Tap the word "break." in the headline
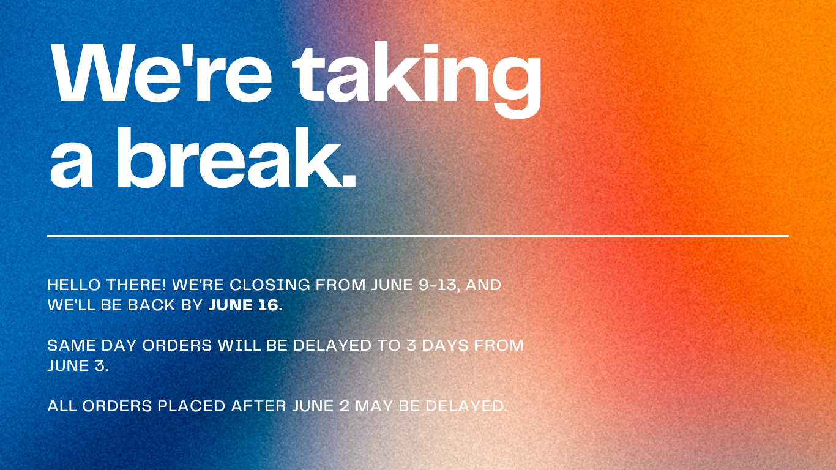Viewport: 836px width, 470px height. [236, 157]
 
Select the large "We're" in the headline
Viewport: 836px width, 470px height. [161, 72]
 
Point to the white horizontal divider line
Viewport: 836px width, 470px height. [418, 236]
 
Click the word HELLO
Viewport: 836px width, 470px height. [74, 285]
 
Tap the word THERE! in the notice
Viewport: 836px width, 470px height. [136, 285]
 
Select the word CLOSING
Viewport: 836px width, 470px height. [269, 285]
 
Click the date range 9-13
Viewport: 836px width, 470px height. [438, 285]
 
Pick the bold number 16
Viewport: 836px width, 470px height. [268, 305]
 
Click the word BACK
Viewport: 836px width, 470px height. [151, 305]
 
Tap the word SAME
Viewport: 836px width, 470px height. [72, 345]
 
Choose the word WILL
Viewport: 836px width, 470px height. [239, 345]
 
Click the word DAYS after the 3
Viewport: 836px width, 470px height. [445, 345]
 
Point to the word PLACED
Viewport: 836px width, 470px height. [191, 406]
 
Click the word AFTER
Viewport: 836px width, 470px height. [258, 406]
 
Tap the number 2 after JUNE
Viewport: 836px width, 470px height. [345, 406]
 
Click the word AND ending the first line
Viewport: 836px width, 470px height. [483, 285]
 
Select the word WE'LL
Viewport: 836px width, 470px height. [71, 305]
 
